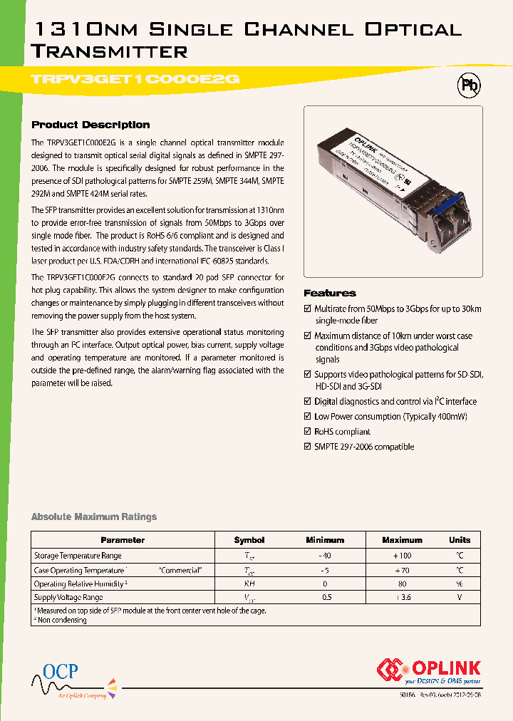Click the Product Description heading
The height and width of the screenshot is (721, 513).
[90, 125]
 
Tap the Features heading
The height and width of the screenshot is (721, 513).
[329, 293]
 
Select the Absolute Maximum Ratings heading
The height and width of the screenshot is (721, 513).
[94, 517]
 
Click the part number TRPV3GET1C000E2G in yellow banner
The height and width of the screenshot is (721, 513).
[135, 81]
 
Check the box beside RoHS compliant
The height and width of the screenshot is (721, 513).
[308, 432]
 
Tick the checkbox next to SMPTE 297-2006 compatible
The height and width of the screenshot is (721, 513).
[308, 447]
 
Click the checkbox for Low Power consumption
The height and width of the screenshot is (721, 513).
[308, 417]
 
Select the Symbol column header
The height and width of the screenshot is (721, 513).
[249, 540]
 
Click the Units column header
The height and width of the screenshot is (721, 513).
[460, 540]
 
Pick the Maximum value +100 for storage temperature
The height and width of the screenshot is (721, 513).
[402, 556]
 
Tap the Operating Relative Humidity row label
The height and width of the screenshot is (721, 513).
[80, 584]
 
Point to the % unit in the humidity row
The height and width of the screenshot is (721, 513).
[460, 584]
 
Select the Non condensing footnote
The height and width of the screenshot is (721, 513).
[61, 621]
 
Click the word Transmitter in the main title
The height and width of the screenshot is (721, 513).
[110, 51]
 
